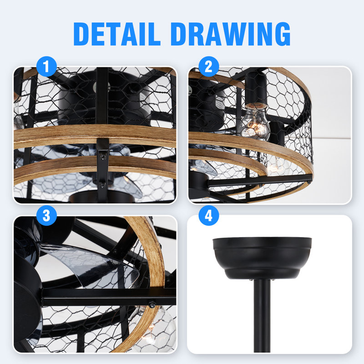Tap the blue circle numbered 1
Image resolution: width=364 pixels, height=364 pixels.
pos(46,67)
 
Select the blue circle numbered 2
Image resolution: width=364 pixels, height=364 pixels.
pos(209,67)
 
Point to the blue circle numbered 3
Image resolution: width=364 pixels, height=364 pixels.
pos(46,216)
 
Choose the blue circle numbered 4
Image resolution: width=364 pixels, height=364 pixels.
pos(209,216)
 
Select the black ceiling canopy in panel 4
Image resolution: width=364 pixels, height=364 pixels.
pos(262,258)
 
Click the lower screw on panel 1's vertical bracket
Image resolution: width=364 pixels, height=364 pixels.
pos(103,184)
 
